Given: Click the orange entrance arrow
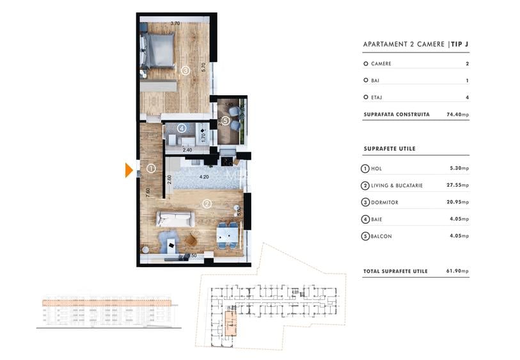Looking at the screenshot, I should pyautogui.click(x=129, y=170).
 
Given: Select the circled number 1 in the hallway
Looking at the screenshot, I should pyautogui.click(x=151, y=169).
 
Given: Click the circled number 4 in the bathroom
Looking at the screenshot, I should pyautogui.click(x=182, y=129).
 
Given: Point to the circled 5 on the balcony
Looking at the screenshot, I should pyautogui.click(x=226, y=120).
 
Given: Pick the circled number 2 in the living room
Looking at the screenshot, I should pyautogui.click(x=207, y=205).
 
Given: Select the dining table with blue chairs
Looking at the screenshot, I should pyautogui.click(x=227, y=234).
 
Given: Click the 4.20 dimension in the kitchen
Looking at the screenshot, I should pyautogui.click(x=205, y=177).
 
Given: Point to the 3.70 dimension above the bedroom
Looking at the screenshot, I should pyautogui.click(x=175, y=24).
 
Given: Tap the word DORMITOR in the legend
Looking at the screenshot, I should pyautogui.click(x=384, y=203).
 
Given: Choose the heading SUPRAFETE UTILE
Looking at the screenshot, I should pyautogui.click(x=389, y=149).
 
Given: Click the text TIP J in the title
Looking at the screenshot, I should pyautogui.click(x=464, y=44).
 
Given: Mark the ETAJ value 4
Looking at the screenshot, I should pyautogui.click(x=468, y=97).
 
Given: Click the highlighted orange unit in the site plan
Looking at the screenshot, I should pyautogui.click(x=229, y=320).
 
